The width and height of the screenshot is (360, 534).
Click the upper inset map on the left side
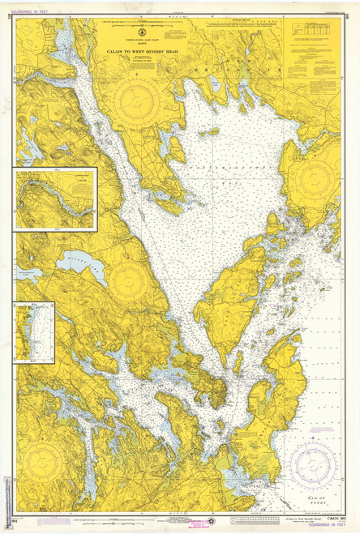55,199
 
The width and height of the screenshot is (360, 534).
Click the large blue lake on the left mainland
81,267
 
